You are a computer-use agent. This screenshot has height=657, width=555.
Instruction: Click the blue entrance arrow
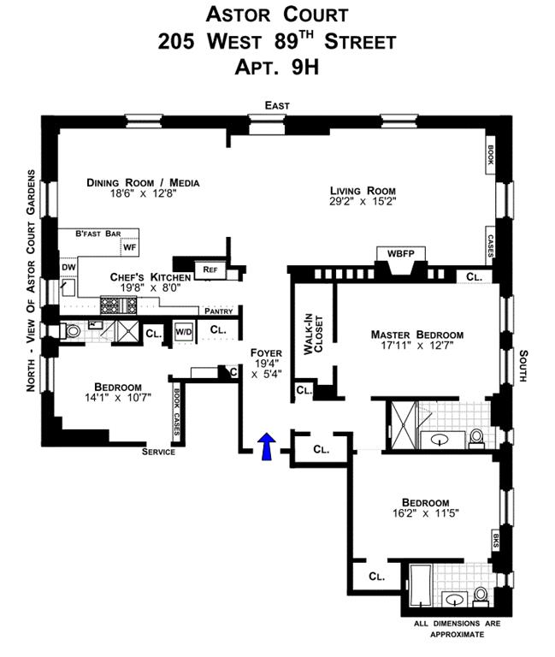click(267, 445)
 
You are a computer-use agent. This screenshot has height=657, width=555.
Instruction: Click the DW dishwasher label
click(68, 268)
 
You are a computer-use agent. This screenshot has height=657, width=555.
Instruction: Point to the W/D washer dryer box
click(184, 331)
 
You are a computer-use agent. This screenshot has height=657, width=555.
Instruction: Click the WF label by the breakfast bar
click(130, 247)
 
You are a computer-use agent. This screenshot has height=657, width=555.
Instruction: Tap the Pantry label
click(219, 311)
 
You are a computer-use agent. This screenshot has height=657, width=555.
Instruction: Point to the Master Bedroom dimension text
click(416, 348)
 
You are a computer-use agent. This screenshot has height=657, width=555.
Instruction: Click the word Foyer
click(266, 352)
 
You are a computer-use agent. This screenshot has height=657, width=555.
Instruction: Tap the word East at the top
click(277, 105)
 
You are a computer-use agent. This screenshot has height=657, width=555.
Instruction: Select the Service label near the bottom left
click(158, 452)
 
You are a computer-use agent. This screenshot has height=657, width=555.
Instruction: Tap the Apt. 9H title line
click(277, 67)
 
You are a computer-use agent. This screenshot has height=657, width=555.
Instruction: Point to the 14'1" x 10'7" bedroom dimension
click(117, 399)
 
